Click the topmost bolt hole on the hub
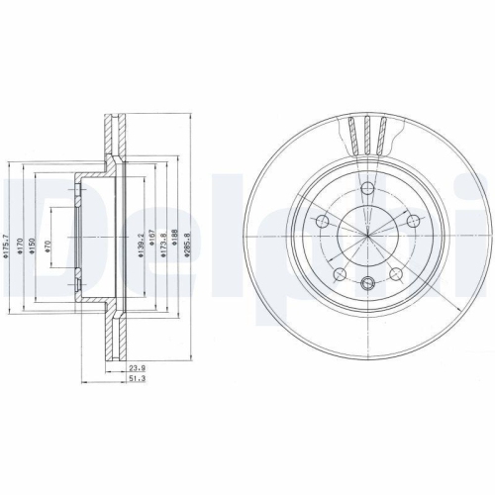tap(367, 187)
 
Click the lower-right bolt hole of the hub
tap(396, 274)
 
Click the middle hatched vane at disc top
tap(367, 132)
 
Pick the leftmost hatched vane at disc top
tap(352, 133)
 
